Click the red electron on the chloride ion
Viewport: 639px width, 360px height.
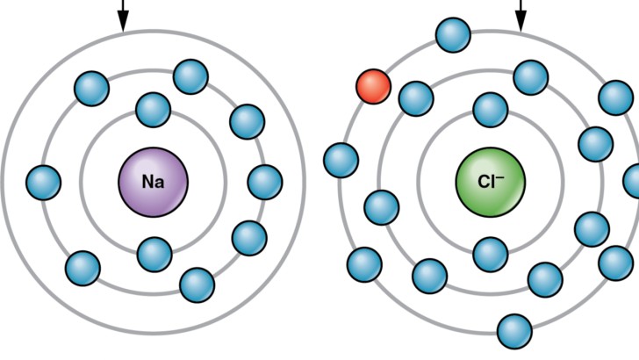(373, 86)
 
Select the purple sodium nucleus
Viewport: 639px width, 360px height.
(154, 183)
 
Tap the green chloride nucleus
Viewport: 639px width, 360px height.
(491, 183)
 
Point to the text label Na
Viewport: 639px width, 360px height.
(154, 182)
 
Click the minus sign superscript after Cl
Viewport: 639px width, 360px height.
(500, 176)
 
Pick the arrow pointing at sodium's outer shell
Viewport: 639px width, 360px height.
(123, 16)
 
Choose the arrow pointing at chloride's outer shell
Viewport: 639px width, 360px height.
(521, 16)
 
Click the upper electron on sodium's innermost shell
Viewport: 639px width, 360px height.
(154, 110)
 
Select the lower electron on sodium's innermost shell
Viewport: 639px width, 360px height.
(154, 255)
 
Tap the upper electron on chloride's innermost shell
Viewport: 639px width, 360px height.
(491, 110)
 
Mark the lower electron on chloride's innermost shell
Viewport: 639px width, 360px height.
(491, 255)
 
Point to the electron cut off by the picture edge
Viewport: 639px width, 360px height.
(633, 181)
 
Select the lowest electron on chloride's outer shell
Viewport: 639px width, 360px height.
(515, 331)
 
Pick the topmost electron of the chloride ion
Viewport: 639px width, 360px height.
(453, 35)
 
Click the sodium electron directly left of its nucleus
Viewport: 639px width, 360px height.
(44, 183)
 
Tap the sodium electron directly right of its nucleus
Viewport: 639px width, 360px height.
(265, 182)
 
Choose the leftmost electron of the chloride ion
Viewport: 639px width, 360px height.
(341, 160)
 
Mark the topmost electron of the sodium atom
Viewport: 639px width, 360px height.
(190, 76)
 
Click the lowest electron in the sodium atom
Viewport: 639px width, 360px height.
(197, 285)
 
